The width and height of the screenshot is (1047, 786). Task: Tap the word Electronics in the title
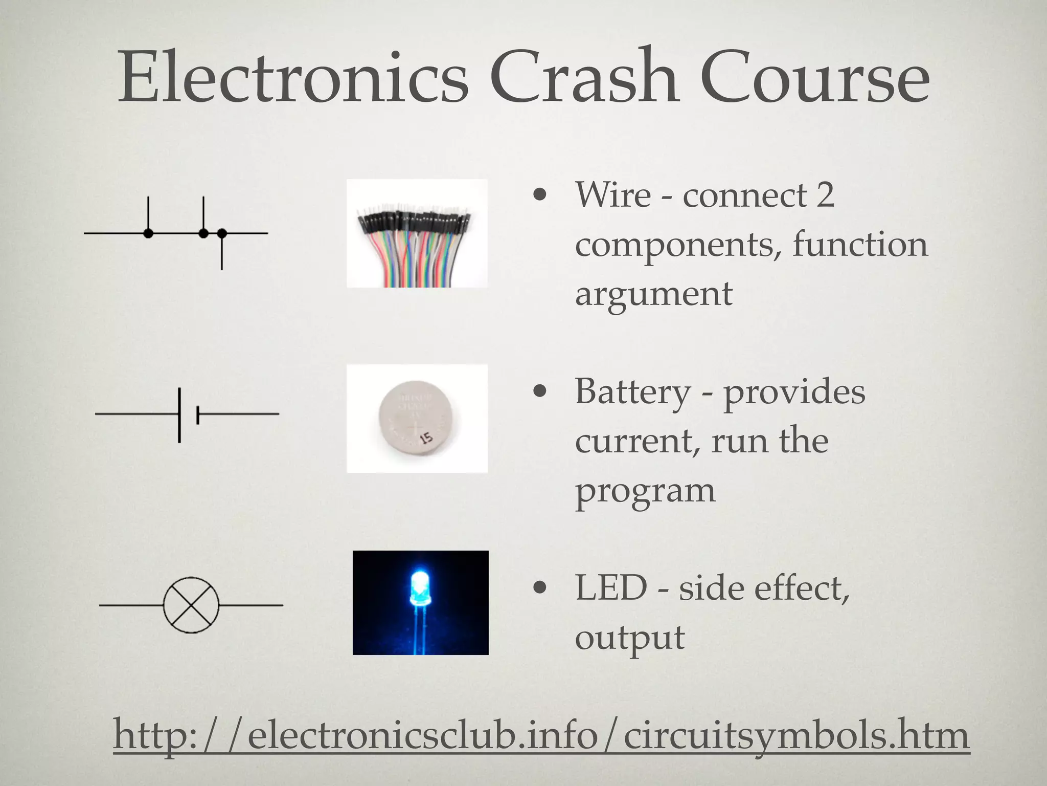pyautogui.click(x=292, y=77)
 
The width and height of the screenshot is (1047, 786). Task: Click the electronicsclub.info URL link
pyautogui.click(x=541, y=735)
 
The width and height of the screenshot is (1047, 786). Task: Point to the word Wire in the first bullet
pyautogui.click(x=613, y=195)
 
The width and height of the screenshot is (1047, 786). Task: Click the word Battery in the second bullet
pyautogui.click(x=633, y=391)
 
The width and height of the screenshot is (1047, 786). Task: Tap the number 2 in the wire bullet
pyautogui.click(x=825, y=195)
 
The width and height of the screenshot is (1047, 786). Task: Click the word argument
pyautogui.click(x=653, y=294)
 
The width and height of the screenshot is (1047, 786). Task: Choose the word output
pyautogui.click(x=629, y=638)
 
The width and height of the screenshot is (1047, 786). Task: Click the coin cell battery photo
pyautogui.click(x=417, y=419)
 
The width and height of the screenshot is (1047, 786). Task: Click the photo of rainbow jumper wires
pyautogui.click(x=417, y=233)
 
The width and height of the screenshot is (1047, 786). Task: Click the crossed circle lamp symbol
pyautogui.click(x=191, y=605)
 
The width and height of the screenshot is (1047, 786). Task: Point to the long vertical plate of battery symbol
pyautogui.click(x=179, y=415)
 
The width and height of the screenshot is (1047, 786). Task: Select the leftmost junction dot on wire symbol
pyautogui.click(x=148, y=233)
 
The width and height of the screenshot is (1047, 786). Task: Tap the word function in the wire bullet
pyautogui.click(x=860, y=244)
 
